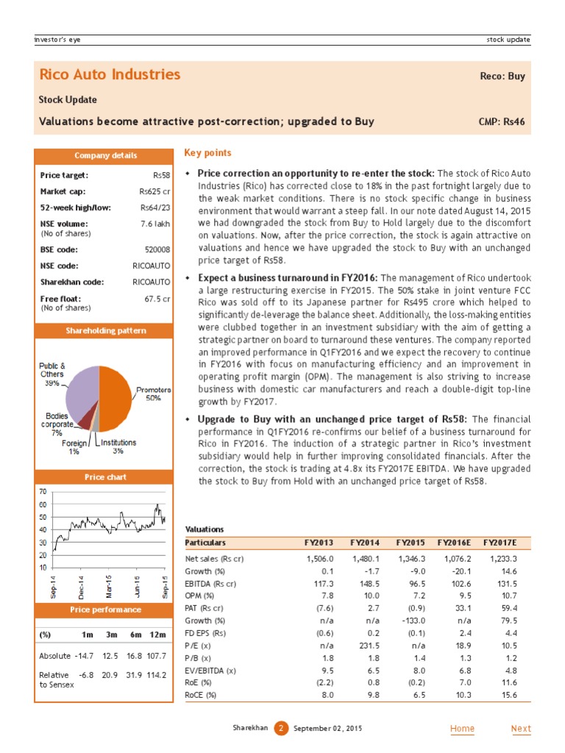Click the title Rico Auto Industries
pos(109,74)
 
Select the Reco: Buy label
pos(502,76)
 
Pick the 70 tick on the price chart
pos(43,491)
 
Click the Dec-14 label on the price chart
pos(81,585)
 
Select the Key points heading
pos(207,153)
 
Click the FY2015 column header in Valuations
pos(411,543)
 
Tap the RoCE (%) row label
pos(201,695)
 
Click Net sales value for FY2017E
pos(502,559)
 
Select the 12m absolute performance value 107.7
pos(156,655)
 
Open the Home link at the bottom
pos(462,729)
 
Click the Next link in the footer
pos(521,729)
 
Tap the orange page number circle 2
pos(280,729)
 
